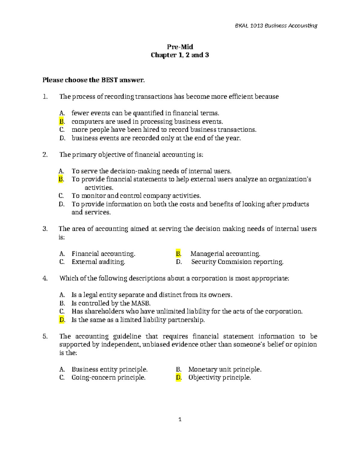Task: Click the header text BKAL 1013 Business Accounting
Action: pyautogui.click(x=276, y=26)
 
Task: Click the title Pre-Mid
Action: pyautogui.click(x=180, y=47)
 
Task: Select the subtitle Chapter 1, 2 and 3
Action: pyautogui.click(x=180, y=55)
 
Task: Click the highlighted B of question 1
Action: pyautogui.click(x=61, y=122)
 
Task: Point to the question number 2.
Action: pyautogui.click(x=45, y=155)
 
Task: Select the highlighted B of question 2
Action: pyautogui.click(x=61, y=179)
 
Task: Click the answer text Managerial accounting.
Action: pyautogui.click(x=225, y=254)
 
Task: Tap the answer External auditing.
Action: pyautogui.click(x=98, y=262)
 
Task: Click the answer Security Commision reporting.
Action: pyautogui.click(x=237, y=262)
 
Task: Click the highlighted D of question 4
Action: pyautogui.click(x=62, y=320)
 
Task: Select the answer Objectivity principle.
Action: pyautogui.click(x=220, y=377)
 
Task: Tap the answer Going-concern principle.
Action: pyautogui.click(x=109, y=377)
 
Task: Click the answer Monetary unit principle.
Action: pyautogui.click(x=225, y=369)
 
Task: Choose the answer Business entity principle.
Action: pyautogui.click(x=109, y=369)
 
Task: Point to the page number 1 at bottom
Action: pyautogui.click(x=180, y=419)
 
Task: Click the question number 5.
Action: pyautogui.click(x=45, y=336)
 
